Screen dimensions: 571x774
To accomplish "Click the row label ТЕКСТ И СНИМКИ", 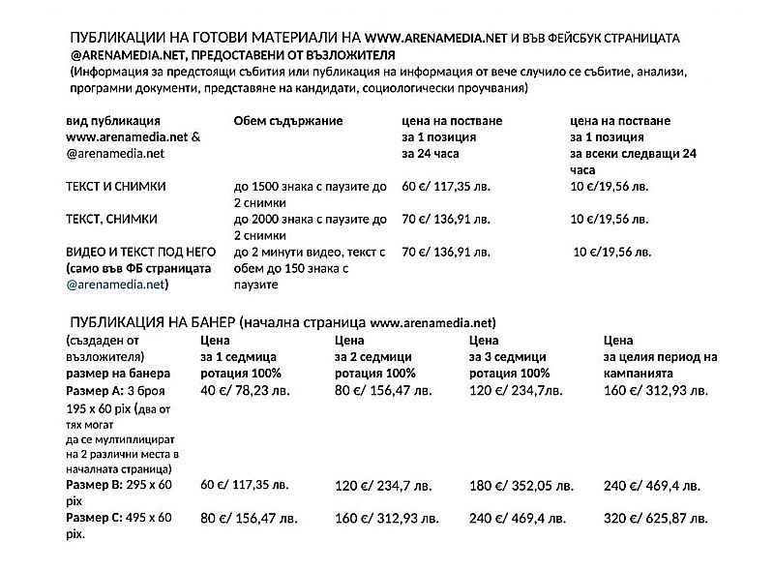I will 116,186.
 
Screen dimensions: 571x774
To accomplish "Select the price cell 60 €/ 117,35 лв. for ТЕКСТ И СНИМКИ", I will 445,186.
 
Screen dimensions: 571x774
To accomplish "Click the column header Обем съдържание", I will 289,120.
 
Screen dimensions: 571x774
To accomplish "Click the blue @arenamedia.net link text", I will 116,285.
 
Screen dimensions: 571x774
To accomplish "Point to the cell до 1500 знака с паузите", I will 310,186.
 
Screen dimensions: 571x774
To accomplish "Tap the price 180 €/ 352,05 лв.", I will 521,486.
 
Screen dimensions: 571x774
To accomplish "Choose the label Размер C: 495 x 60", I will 117,518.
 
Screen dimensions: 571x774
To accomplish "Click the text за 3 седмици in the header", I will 508,356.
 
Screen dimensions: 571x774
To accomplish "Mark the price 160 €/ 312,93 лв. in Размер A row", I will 655,391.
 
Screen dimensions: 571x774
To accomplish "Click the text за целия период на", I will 660,356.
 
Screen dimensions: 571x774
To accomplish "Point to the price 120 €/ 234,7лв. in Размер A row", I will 516,391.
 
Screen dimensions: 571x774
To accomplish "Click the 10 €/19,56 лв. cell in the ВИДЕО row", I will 612,253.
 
